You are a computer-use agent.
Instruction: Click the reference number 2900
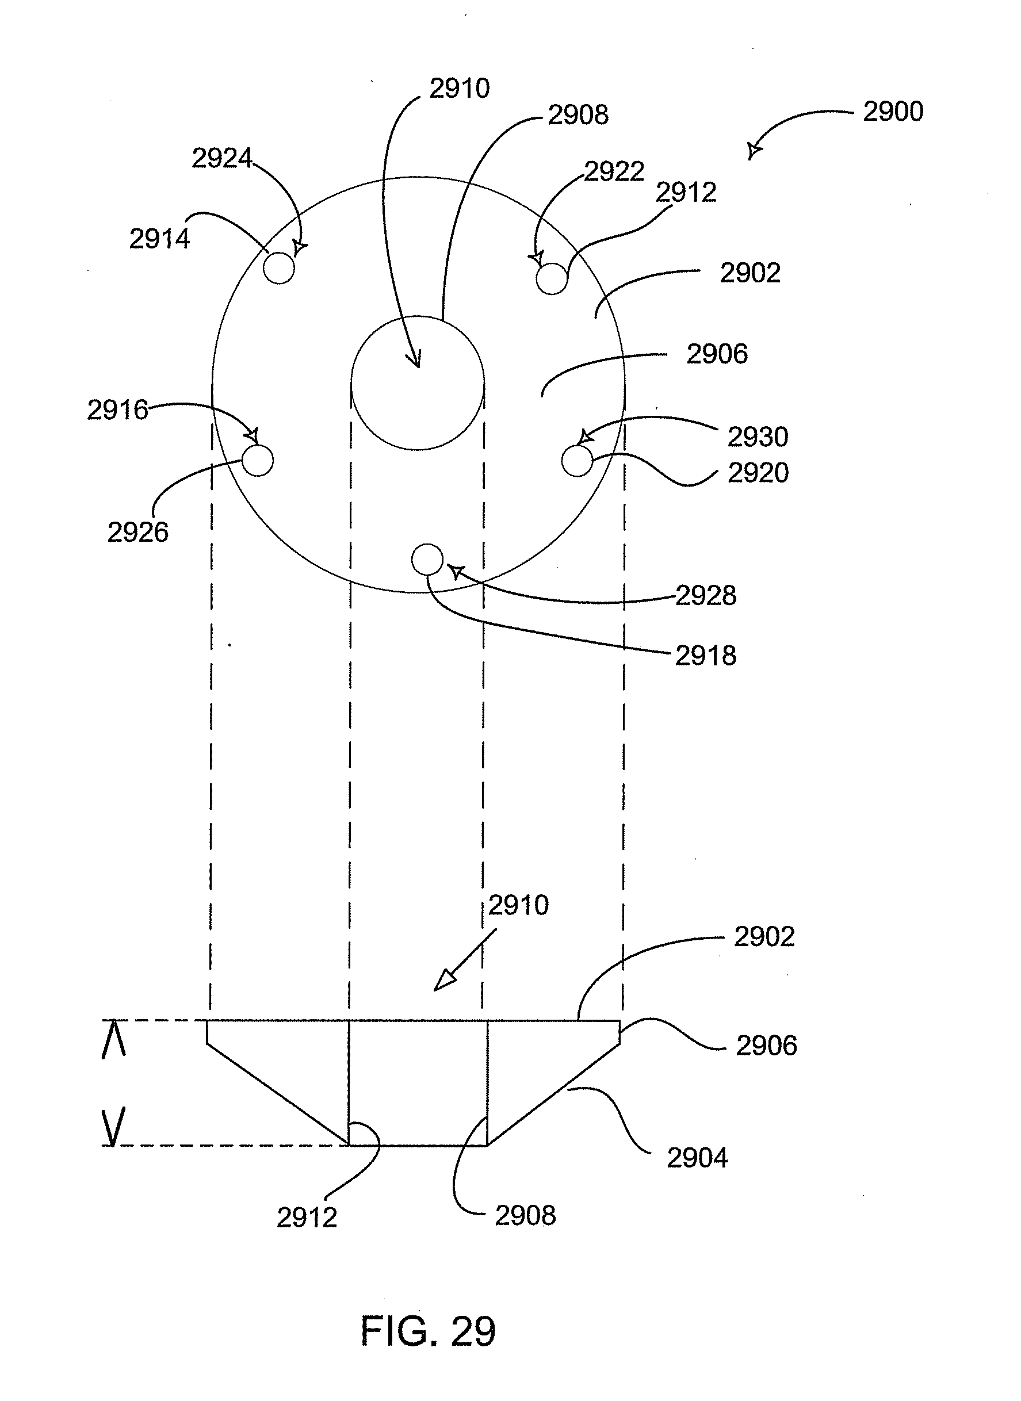pyautogui.click(x=893, y=112)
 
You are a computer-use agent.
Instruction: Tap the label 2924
pyautogui.click(x=222, y=159)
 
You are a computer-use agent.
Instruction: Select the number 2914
pyautogui.click(x=159, y=239)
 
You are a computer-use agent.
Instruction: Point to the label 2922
pyautogui.click(x=614, y=172)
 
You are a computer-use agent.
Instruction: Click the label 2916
pyautogui.click(x=117, y=409)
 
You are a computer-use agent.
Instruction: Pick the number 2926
pyautogui.click(x=138, y=532)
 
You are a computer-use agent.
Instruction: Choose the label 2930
pyautogui.click(x=758, y=437)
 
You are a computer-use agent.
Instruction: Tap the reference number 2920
pyautogui.click(x=758, y=473)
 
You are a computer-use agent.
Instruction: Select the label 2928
pyautogui.click(x=706, y=596)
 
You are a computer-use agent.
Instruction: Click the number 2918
pyautogui.click(x=706, y=656)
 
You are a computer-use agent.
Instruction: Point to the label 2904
pyautogui.click(x=697, y=1158)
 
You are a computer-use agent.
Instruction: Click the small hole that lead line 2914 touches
pyautogui.click(x=279, y=268)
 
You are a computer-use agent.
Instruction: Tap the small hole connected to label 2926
pyautogui.click(x=257, y=461)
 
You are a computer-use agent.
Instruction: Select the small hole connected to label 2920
pyautogui.click(x=578, y=461)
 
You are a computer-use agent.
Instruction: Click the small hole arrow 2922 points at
pyautogui.click(x=551, y=279)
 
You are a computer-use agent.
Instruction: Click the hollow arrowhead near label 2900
pyautogui.click(x=753, y=150)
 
